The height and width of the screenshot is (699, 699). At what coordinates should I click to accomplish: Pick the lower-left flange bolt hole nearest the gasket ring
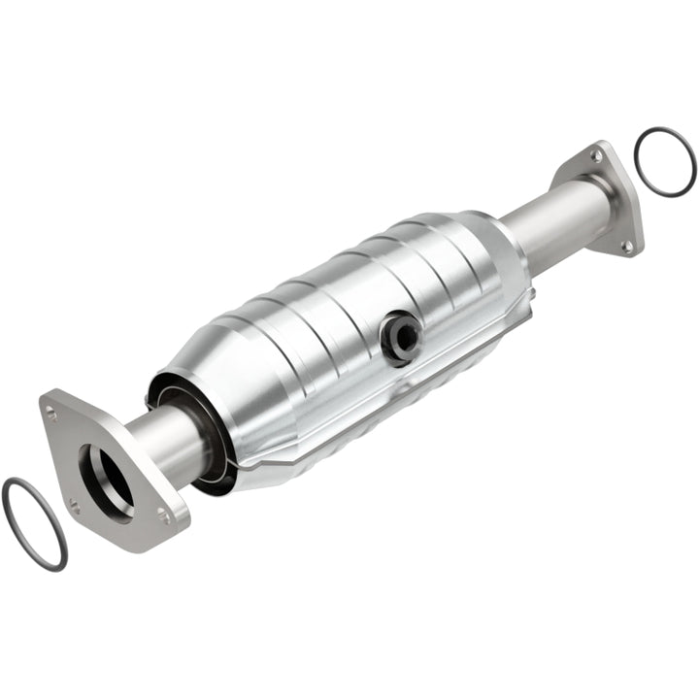tap(75, 503)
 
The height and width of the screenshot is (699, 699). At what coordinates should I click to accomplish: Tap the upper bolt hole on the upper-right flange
tap(596, 155)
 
